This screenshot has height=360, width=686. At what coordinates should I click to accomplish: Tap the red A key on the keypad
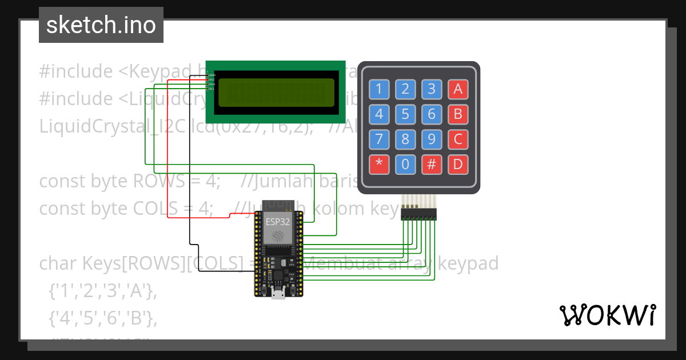pos(458,89)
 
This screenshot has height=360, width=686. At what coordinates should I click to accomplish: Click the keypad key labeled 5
pos(405,114)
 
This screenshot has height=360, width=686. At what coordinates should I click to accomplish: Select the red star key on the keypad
pos(378,165)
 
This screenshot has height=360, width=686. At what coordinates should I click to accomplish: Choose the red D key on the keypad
pos(458,165)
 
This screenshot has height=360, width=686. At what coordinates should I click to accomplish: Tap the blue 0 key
pos(405,165)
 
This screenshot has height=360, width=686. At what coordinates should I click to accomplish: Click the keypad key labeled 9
pos(432,139)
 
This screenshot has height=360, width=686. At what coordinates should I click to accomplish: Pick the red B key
pos(458,114)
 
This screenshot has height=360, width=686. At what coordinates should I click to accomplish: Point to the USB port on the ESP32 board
pos(278,294)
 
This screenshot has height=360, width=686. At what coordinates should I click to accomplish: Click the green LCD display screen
pos(276,91)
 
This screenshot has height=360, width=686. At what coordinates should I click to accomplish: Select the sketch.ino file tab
pos(101,26)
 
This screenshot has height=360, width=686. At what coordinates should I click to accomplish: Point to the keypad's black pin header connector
pos(418,214)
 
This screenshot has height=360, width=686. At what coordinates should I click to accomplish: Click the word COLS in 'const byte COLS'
pos(155,209)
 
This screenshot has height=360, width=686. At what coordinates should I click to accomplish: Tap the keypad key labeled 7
pos(378,139)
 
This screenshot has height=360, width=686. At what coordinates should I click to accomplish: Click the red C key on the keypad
pos(458,139)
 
